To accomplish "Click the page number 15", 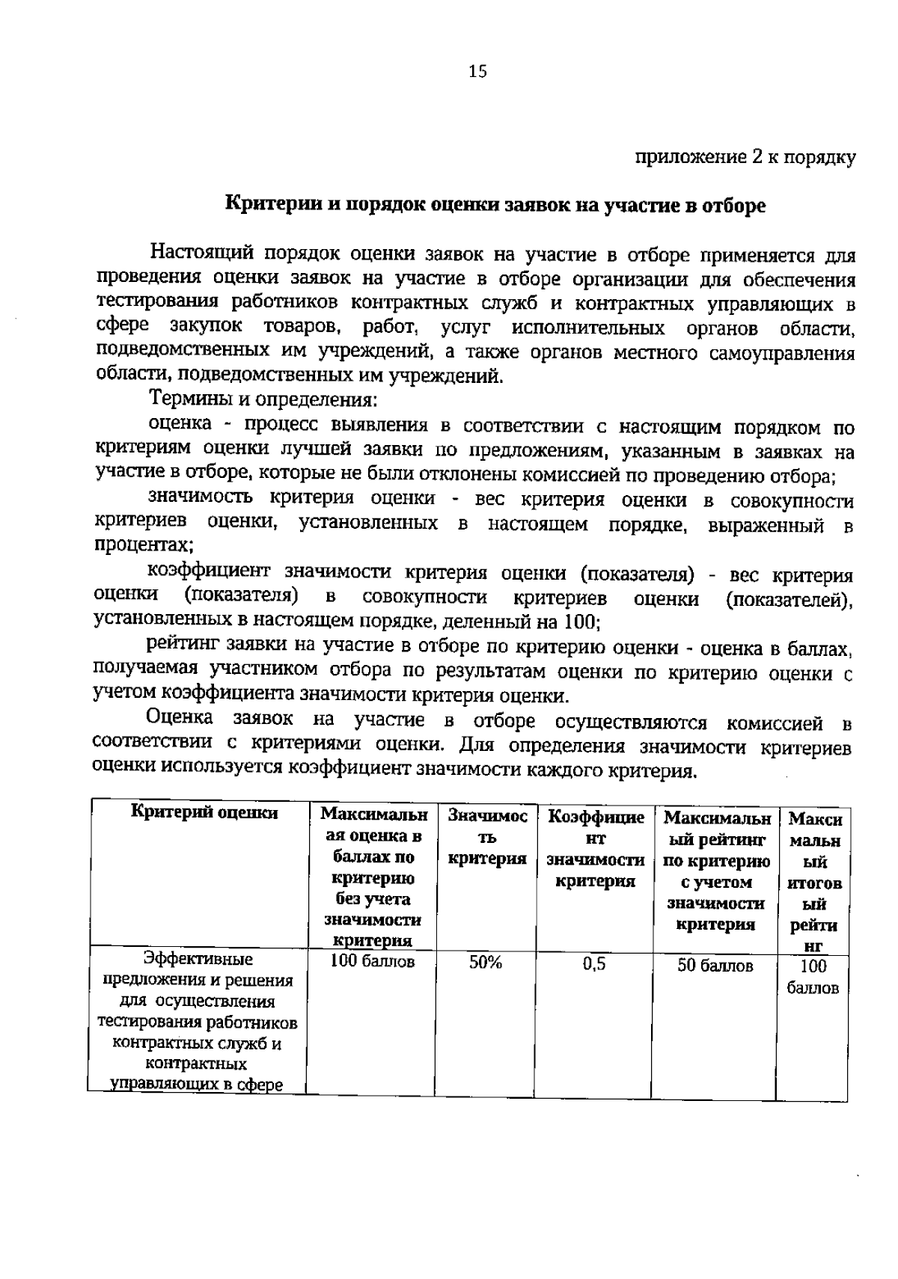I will click(477, 71).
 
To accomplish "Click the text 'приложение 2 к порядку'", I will click(745, 158).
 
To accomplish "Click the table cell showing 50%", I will click(486, 963).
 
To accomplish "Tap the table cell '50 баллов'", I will click(715, 966).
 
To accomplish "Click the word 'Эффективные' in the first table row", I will click(198, 959).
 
